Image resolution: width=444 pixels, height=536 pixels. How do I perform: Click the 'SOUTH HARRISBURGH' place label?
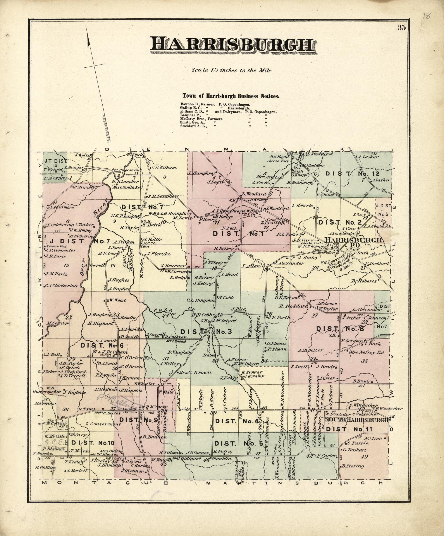point(356,420)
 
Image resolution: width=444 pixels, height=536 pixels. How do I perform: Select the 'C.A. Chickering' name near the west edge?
point(61,286)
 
